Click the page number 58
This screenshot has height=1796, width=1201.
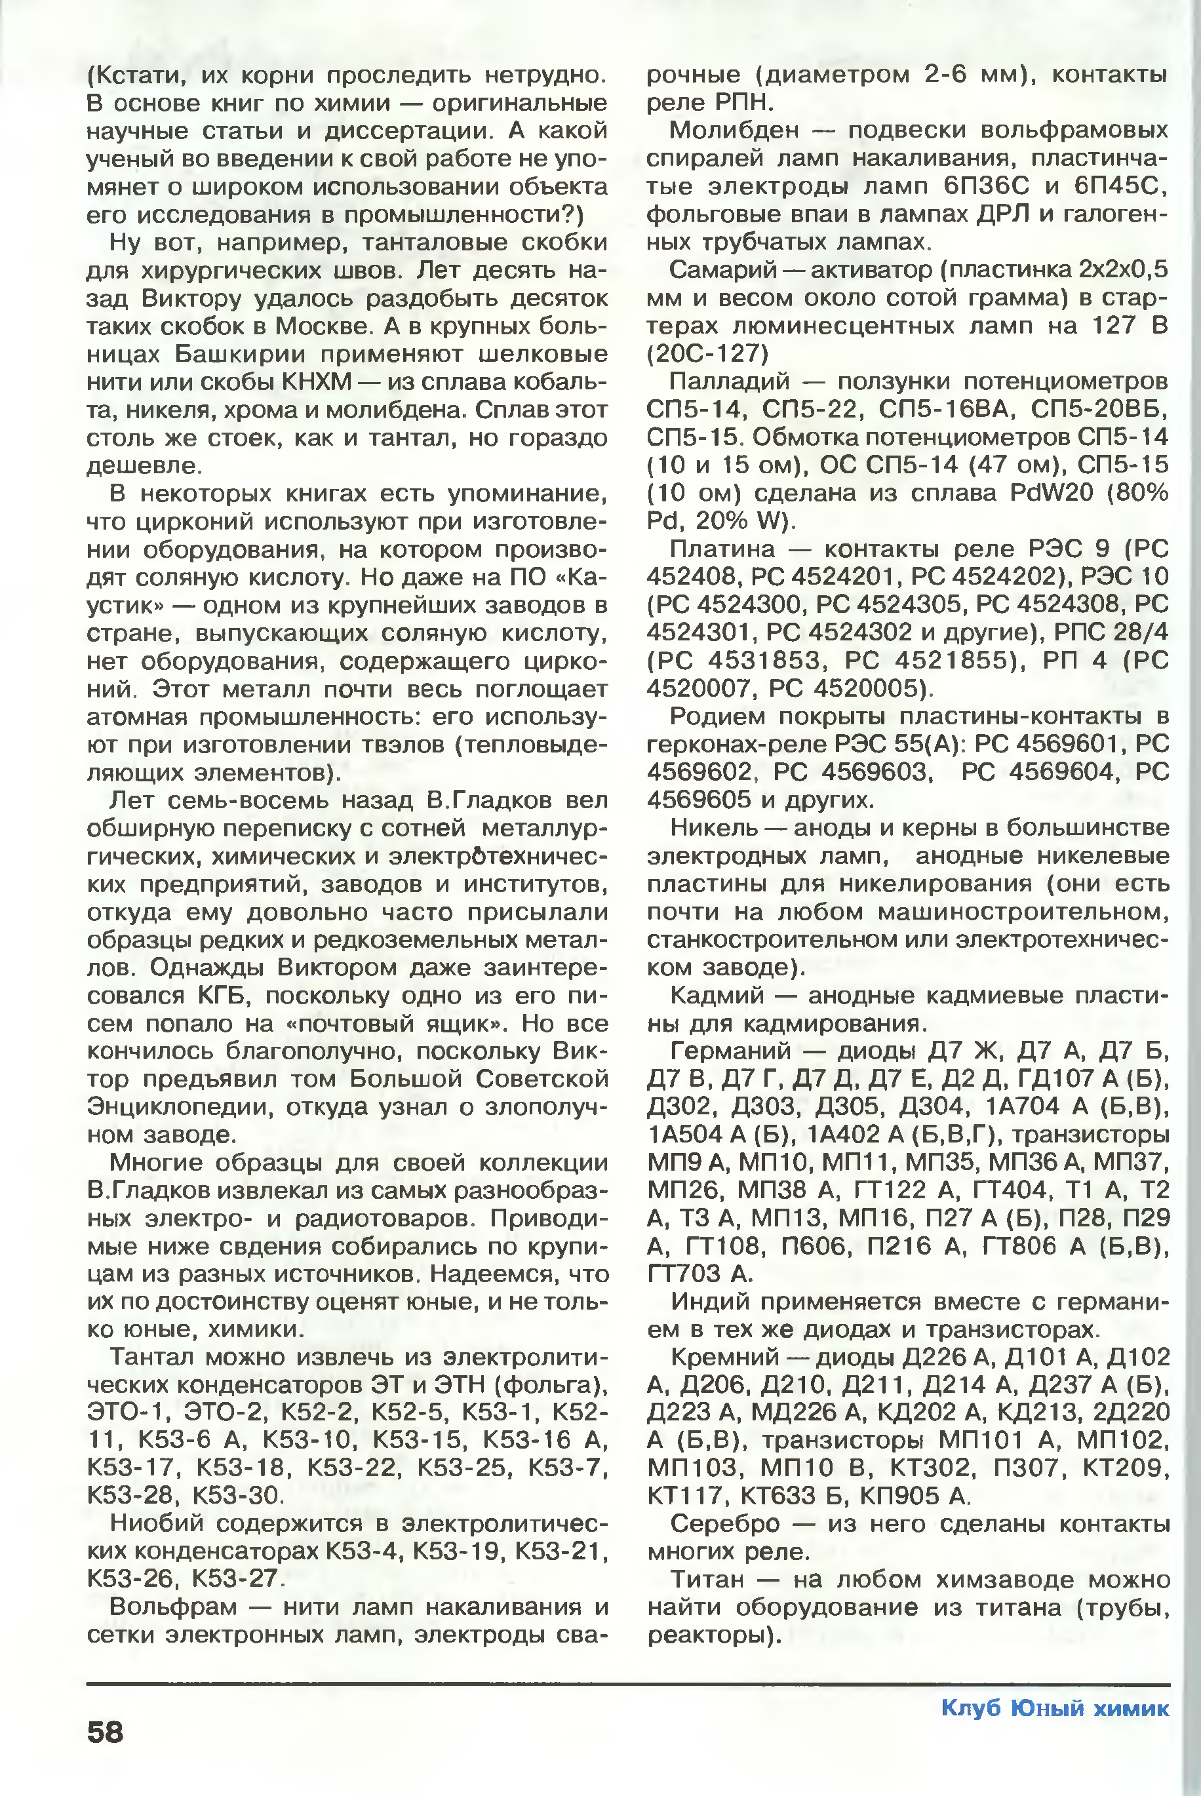pyautogui.click(x=105, y=1732)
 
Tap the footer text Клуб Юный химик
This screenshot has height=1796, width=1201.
pyautogui.click(x=1055, y=1709)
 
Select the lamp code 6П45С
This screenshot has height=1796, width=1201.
pyautogui.click(x=1121, y=187)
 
